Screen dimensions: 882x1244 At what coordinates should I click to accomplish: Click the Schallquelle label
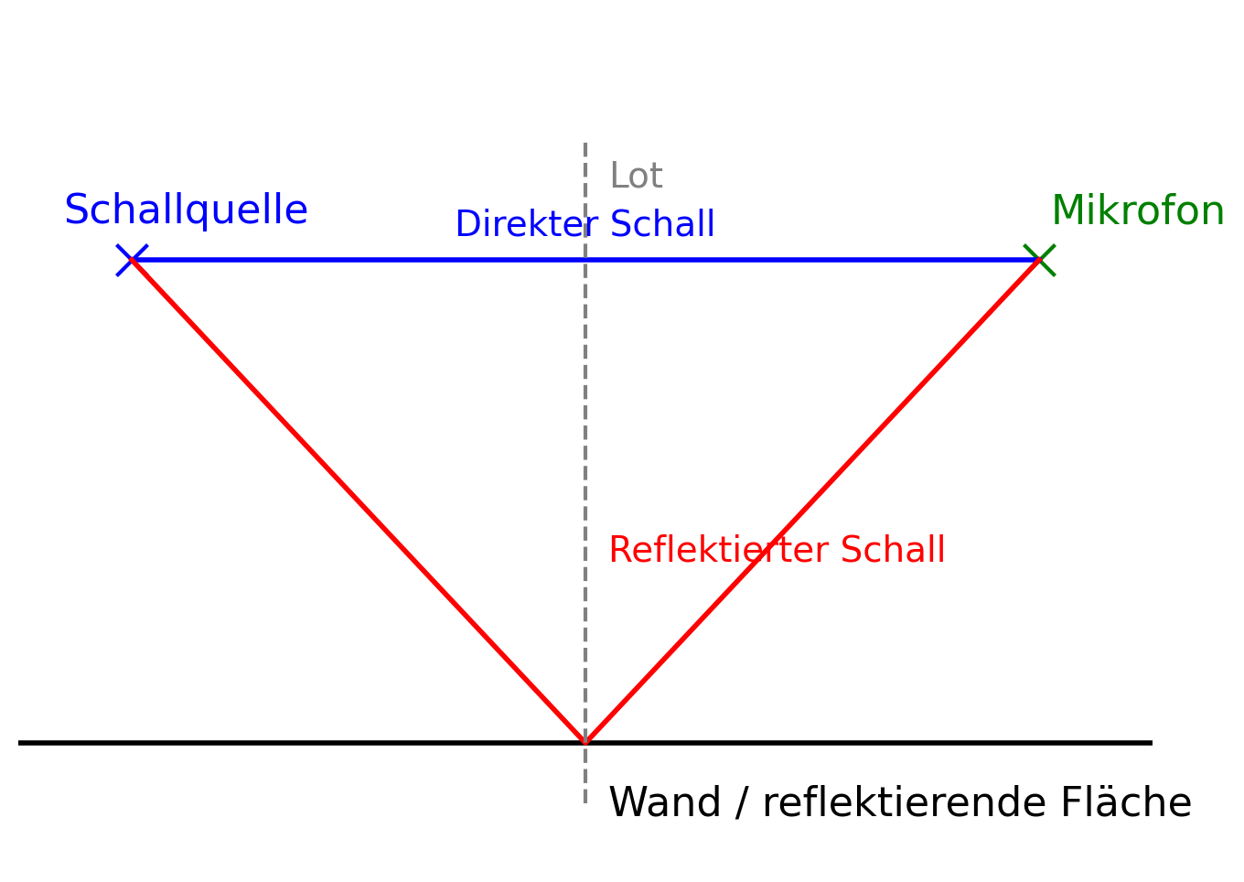(186, 210)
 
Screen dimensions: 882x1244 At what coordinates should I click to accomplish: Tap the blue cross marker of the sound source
(132, 260)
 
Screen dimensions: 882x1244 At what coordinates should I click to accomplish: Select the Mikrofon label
(1137, 211)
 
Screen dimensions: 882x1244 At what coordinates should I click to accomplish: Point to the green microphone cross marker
(1039, 260)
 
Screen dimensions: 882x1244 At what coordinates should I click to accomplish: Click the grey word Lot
(636, 176)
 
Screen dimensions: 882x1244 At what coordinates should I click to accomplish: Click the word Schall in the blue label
(662, 224)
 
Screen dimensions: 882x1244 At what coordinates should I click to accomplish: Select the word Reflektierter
(718, 550)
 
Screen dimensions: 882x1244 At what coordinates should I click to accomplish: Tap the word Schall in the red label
(892, 550)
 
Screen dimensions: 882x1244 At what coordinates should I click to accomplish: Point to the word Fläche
(1126, 802)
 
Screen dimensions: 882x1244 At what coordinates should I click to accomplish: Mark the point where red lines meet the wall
(585, 742)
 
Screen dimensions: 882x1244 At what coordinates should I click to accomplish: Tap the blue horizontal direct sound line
(366, 260)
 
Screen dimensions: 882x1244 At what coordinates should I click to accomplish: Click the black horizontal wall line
(274, 743)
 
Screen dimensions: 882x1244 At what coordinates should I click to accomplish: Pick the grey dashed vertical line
(585, 412)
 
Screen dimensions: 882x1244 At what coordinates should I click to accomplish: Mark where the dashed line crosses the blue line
(585, 260)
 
